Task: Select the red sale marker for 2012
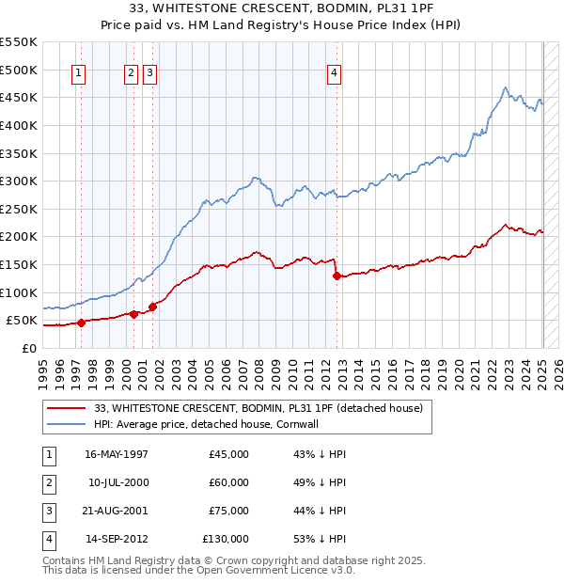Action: click(337, 276)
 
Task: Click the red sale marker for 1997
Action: click(81, 323)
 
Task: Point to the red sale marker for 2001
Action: click(152, 307)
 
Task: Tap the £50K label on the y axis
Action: click(22, 321)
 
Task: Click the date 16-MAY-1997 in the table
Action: click(117, 454)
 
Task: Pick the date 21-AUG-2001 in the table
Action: click(117, 512)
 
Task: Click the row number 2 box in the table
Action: click(47, 483)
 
